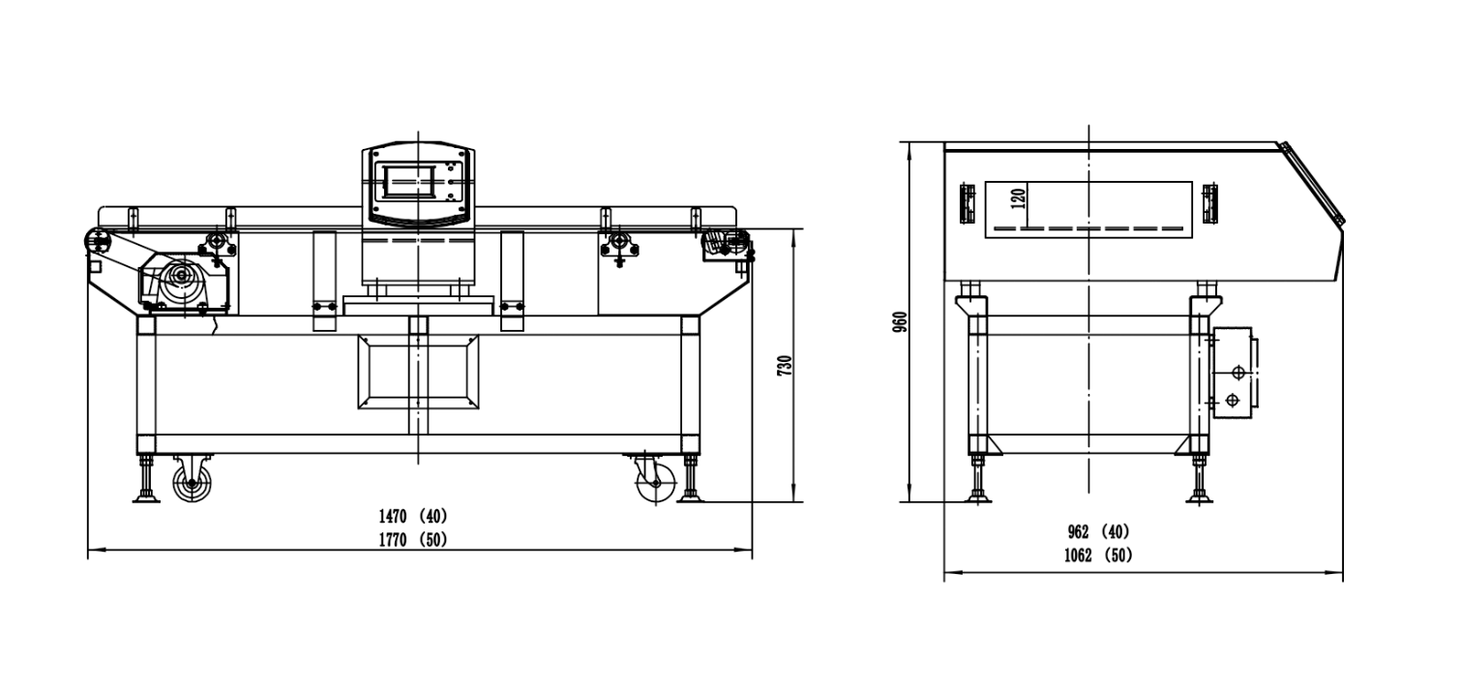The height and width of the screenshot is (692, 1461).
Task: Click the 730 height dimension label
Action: (786, 365)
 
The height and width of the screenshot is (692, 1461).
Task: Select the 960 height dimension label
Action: (900, 322)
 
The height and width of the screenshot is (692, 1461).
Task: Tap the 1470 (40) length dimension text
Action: (413, 517)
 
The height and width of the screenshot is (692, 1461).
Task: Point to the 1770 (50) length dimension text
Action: (413, 540)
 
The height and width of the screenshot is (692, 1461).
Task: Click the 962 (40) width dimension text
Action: (1099, 532)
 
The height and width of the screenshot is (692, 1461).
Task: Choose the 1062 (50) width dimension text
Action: (1099, 556)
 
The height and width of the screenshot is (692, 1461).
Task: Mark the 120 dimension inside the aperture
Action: (1019, 197)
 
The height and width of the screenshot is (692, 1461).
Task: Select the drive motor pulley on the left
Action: (183, 281)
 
